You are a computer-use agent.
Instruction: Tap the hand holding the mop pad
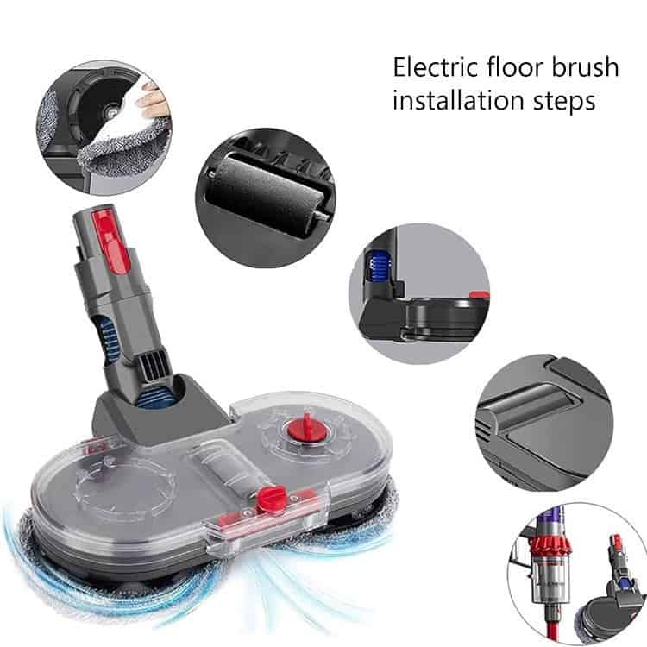click(149, 100)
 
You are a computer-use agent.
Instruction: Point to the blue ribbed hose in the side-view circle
click(379, 267)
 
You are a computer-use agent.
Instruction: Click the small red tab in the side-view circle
click(480, 295)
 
